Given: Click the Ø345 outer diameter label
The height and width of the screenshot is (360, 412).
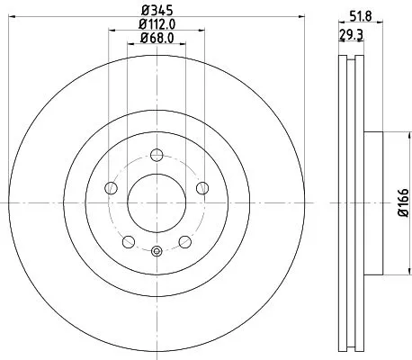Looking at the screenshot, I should (x=155, y=11).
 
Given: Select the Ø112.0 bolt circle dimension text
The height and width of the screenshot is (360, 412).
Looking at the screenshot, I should (x=155, y=25).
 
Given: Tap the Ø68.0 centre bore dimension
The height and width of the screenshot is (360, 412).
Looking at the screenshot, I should (x=155, y=40).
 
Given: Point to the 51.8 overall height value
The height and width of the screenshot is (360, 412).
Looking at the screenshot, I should (x=360, y=13).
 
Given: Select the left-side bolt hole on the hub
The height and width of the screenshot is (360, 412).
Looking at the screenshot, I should (x=112, y=187).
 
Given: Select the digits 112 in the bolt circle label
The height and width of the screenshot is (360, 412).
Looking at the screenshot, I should (x=154, y=25).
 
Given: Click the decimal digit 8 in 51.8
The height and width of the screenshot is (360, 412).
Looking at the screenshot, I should (x=369, y=13).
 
